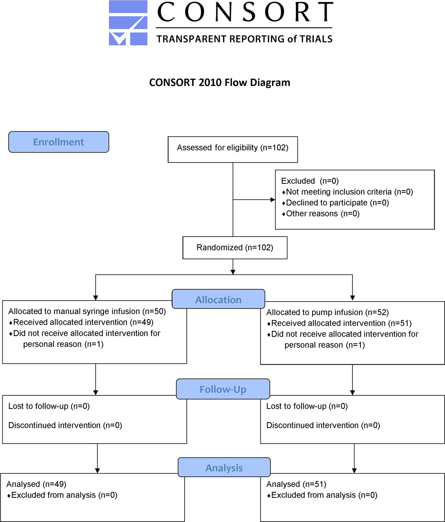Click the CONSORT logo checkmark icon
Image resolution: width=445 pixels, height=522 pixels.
[128, 23]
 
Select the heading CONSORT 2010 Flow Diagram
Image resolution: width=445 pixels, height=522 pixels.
[220, 83]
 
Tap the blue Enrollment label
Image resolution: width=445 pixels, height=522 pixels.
[58, 142]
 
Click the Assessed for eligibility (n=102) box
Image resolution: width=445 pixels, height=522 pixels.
[233, 150]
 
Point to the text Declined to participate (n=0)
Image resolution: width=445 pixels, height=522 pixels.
[337, 203]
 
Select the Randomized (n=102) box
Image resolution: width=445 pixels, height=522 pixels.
[235, 247]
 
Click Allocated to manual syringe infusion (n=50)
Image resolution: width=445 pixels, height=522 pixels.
[87, 311]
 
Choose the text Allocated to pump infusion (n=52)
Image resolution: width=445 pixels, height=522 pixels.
[327, 312]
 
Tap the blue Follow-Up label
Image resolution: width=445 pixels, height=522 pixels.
[223, 389]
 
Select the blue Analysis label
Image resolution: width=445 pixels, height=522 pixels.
[224, 468]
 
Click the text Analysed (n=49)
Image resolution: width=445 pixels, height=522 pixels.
[36, 484]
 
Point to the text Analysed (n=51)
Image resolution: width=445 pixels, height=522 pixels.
[296, 484]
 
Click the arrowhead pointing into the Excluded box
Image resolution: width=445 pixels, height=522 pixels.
[273, 200]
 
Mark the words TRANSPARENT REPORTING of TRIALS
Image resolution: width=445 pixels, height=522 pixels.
[244, 39]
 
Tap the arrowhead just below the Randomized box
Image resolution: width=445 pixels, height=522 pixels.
[233, 272]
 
